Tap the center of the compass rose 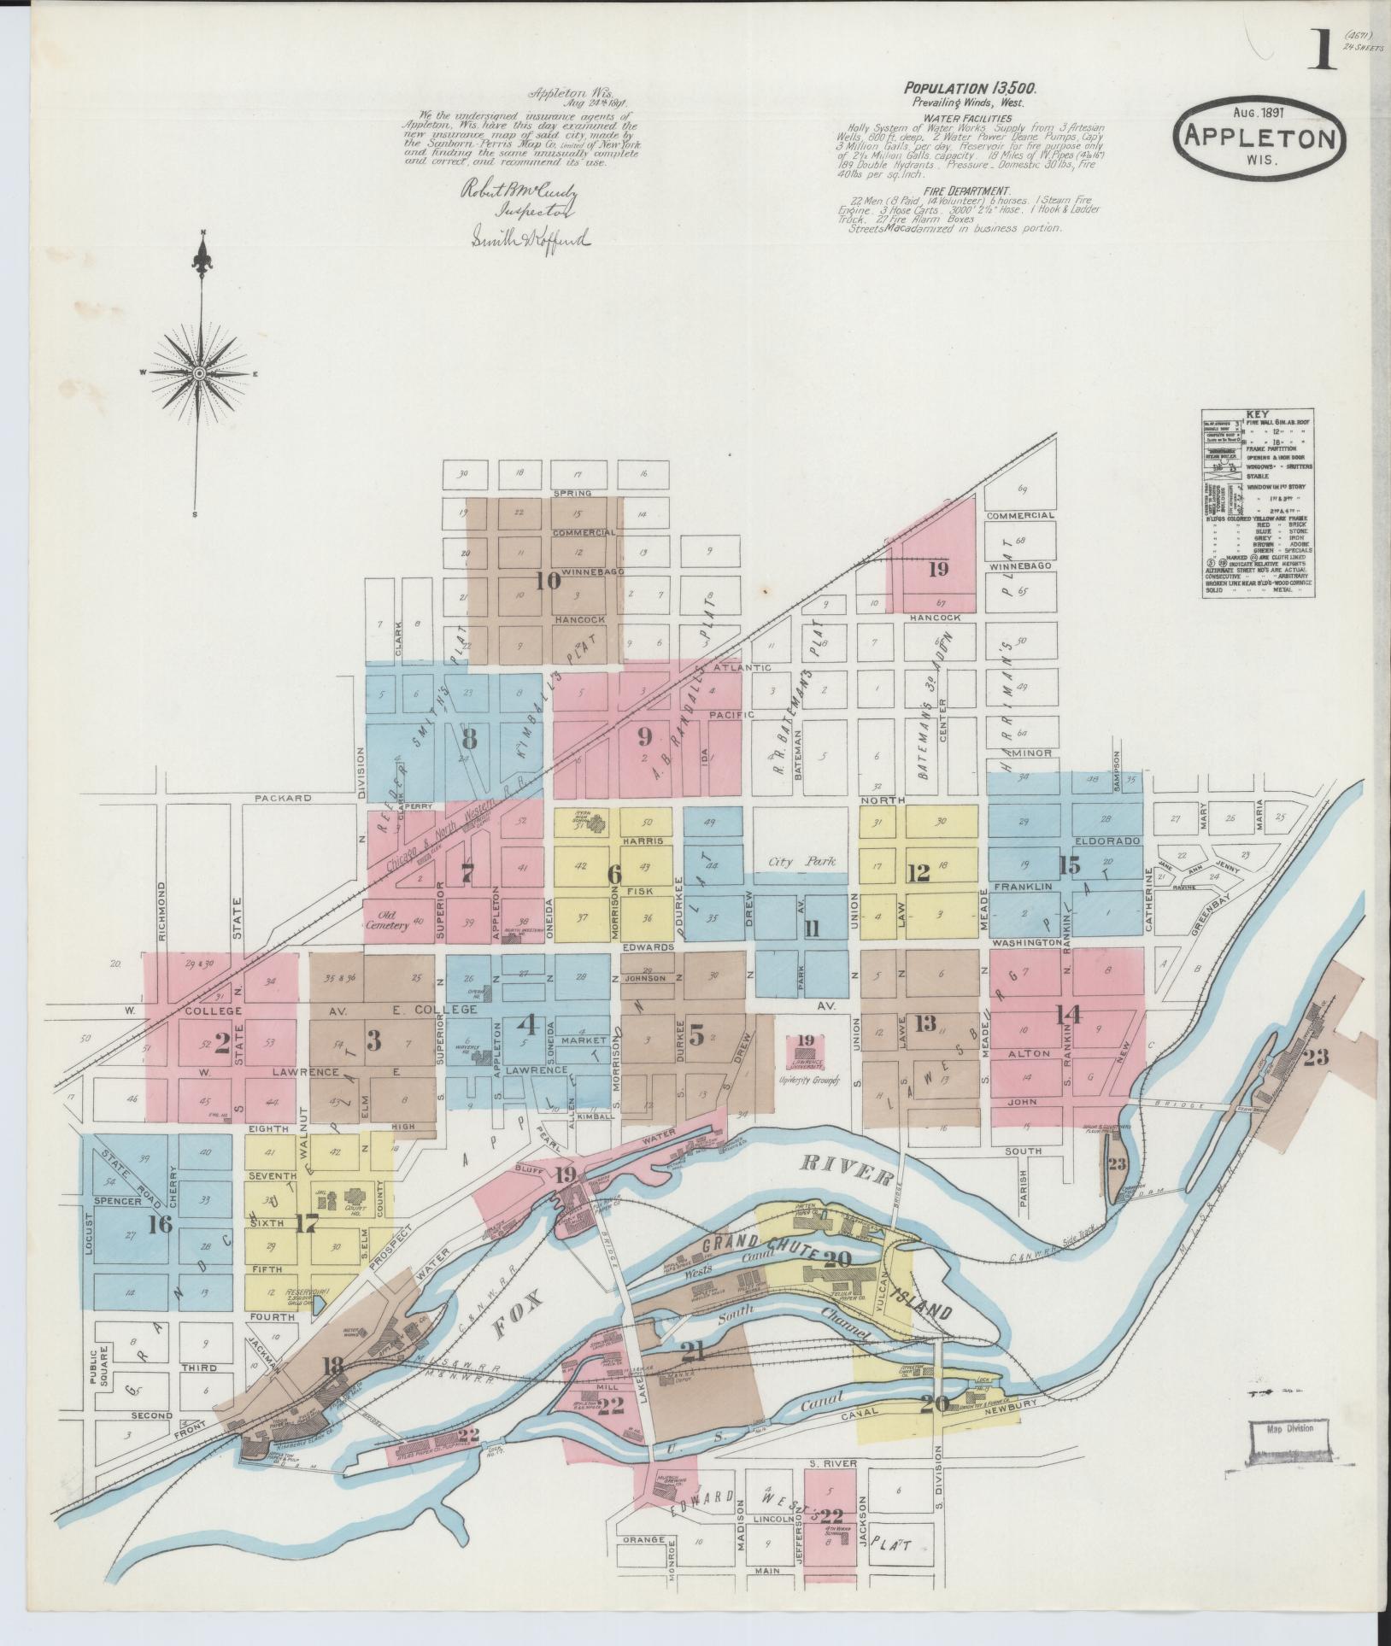[x=198, y=373]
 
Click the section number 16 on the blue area [x=159, y=1224]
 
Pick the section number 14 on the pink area [x=1069, y=1015]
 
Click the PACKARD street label [x=282, y=798]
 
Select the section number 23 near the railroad [x=1316, y=1057]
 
